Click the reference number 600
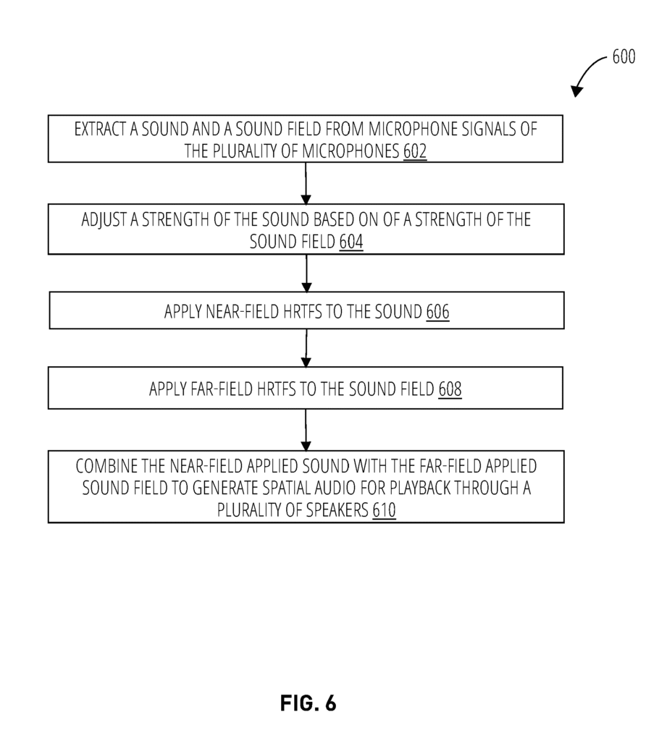pos(624,56)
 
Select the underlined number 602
pos(415,151)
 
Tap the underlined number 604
pos(351,242)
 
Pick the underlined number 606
pos(437,312)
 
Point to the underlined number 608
pos(450,389)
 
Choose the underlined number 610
pos(384,510)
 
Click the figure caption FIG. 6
pos(308,703)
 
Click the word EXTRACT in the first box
pos(100,129)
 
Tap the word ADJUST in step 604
pos(104,220)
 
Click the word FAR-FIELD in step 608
pos(222,389)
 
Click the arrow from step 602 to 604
pos(306,183)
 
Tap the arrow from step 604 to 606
pos(306,273)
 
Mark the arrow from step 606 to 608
pos(306,348)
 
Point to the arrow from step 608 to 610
pos(306,430)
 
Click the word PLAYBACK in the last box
pos(420,488)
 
